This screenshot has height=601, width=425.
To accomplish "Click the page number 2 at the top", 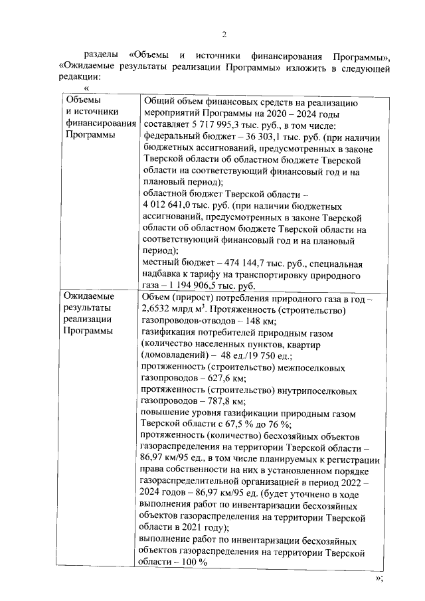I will tap(224, 35).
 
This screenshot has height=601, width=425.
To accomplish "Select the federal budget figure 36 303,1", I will tap(252, 137).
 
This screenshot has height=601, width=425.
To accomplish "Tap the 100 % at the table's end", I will tap(195, 562).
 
